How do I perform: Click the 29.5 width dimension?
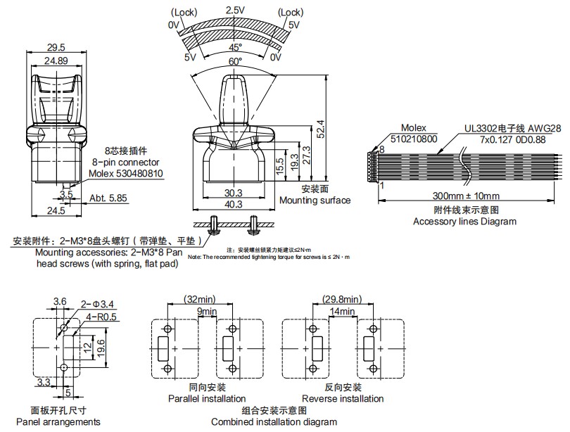click(55, 47)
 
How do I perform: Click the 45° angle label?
click(235, 46)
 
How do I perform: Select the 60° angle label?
click(235, 61)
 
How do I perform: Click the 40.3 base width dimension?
click(235, 205)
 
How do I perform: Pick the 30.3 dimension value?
click(235, 193)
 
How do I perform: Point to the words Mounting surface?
click(315, 201)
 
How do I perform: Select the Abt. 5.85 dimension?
click(108, 199)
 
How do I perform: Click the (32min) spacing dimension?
click(200, 298)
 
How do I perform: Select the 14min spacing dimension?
click(343, 311)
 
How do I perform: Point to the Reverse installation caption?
click(343, 399)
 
